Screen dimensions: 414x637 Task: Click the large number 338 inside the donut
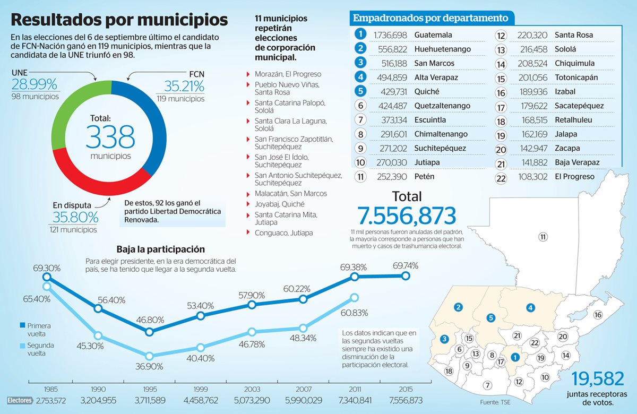[110, 137]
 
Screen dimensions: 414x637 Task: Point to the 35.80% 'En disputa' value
[75, 217]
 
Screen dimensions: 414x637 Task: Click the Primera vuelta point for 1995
[149, 332]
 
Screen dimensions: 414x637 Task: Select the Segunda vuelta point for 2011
[354, 298]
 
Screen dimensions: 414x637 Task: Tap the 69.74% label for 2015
[406, 265]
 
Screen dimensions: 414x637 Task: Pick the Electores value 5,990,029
[303, 400]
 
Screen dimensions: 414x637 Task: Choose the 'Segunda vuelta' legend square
[22, 346]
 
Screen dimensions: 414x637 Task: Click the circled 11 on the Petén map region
[543, 237]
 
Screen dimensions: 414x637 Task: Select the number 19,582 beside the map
[598, 379]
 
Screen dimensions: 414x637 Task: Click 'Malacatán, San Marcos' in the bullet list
[291, 194]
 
